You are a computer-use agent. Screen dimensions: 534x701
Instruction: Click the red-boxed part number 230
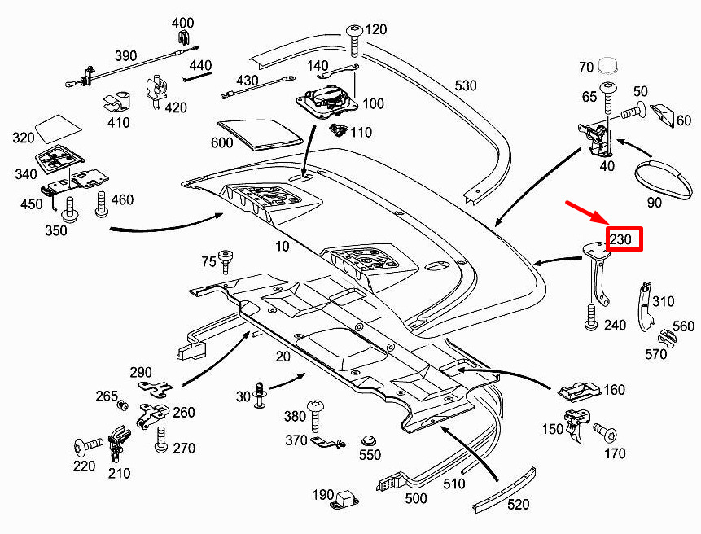(x=622, y=239)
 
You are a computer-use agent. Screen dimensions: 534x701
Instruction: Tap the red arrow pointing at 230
(x=588, y=214)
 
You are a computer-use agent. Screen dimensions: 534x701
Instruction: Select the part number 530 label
(x=465, y=85)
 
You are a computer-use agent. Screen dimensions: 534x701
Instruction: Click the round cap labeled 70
(x=609, y=64)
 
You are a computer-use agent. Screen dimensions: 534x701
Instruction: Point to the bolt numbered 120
(x=354, y=37)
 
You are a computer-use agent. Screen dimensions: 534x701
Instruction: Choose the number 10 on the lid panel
(x=282, y=246)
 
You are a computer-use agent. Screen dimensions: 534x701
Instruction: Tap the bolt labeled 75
(x=226, y=261)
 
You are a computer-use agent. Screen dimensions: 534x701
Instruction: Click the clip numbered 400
(x=183, y=37)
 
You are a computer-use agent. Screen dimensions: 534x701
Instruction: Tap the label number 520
(x=518, y=505)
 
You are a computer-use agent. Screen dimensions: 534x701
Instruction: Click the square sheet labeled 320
(x=58, y=126)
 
